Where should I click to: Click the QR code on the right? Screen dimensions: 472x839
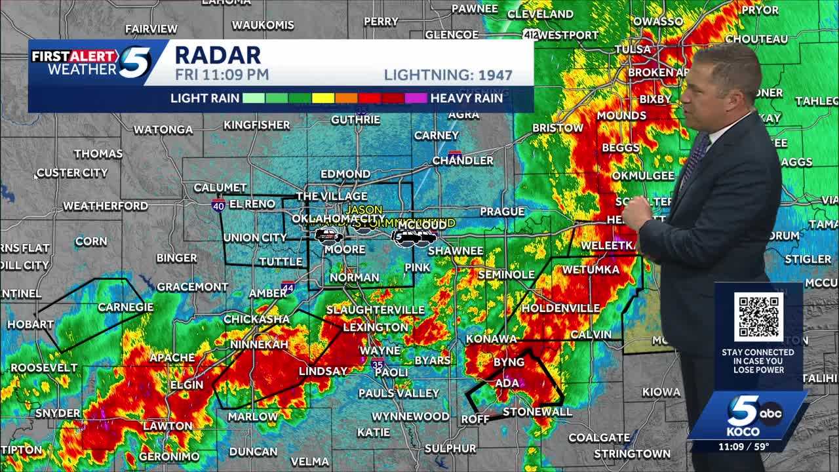pyautogui.click(x=758, y=317)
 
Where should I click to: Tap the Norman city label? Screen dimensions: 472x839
pyautogui.click(x=354, y=277)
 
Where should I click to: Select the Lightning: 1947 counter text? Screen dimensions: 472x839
pyautogui.click(x=448, y=75)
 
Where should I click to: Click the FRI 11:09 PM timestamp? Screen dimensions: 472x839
pyautogui.click(x=222, y=75)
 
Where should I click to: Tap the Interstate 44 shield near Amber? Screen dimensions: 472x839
pyautogui.click(x=288, y=286)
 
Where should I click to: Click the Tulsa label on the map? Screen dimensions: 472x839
pyautogui.click(x=633, y=49)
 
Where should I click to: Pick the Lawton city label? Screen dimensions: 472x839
pyautogui.click(x=168, y=426)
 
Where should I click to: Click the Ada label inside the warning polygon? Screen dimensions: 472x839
pyautogui.click(x=507, y=383)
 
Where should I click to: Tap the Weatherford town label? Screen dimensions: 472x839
pyautogui.click(x=106, y=206)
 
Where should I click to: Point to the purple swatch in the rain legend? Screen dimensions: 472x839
pyautogui.click(x=416, y=98)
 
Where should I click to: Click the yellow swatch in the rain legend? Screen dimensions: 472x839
pyautogui.click(x=323, y=98)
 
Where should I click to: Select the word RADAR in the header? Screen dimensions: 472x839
pyautogui.click(x=218, y=55)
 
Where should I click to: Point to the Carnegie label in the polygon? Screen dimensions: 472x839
pyautogui.click(x=125, y=307)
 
